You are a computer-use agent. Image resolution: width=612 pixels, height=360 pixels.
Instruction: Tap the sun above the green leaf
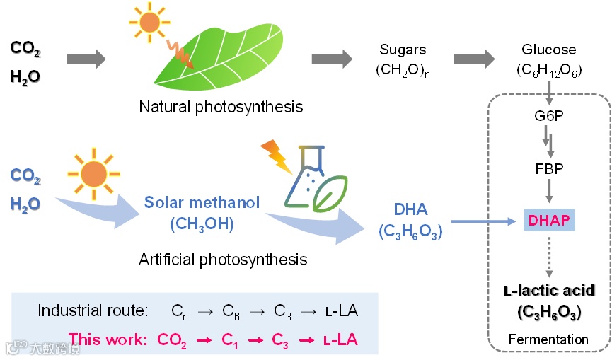[149, 22]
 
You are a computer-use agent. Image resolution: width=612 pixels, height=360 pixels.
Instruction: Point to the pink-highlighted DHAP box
[549, 220]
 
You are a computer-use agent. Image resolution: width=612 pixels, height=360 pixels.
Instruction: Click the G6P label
[549, 114]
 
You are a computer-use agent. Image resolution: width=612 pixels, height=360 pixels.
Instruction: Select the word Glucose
[549, 50]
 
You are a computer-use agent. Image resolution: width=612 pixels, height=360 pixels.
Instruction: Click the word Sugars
[403, 50]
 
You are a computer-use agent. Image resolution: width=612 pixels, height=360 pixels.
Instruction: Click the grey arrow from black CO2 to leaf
[86, 59]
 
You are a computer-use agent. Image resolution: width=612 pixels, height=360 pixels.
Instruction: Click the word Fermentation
[548, 339]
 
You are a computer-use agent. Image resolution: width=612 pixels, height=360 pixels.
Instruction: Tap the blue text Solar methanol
[192, 202]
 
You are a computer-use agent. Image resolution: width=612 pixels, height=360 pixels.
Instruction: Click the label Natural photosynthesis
[221, 108]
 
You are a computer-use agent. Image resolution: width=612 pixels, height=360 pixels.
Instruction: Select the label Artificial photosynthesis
[223, 259]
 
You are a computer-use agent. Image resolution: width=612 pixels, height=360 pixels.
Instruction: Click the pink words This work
[108, 340]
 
